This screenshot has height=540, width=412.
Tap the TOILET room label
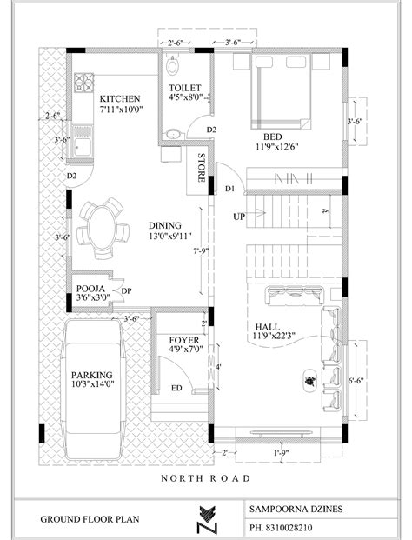pos(184,89)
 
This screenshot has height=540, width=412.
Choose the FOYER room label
pos(183,340)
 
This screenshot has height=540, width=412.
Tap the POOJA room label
pos(91,288)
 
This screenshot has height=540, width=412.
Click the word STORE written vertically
pos(202,167)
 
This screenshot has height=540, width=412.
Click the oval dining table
pos(101,223)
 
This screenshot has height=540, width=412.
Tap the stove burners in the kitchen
pos(83,83)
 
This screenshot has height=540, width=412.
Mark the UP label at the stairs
pos(237,216)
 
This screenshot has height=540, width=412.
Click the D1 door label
pos(229,188)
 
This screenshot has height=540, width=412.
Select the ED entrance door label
pos(176,389)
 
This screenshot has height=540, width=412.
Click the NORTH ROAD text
pos(206,478)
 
